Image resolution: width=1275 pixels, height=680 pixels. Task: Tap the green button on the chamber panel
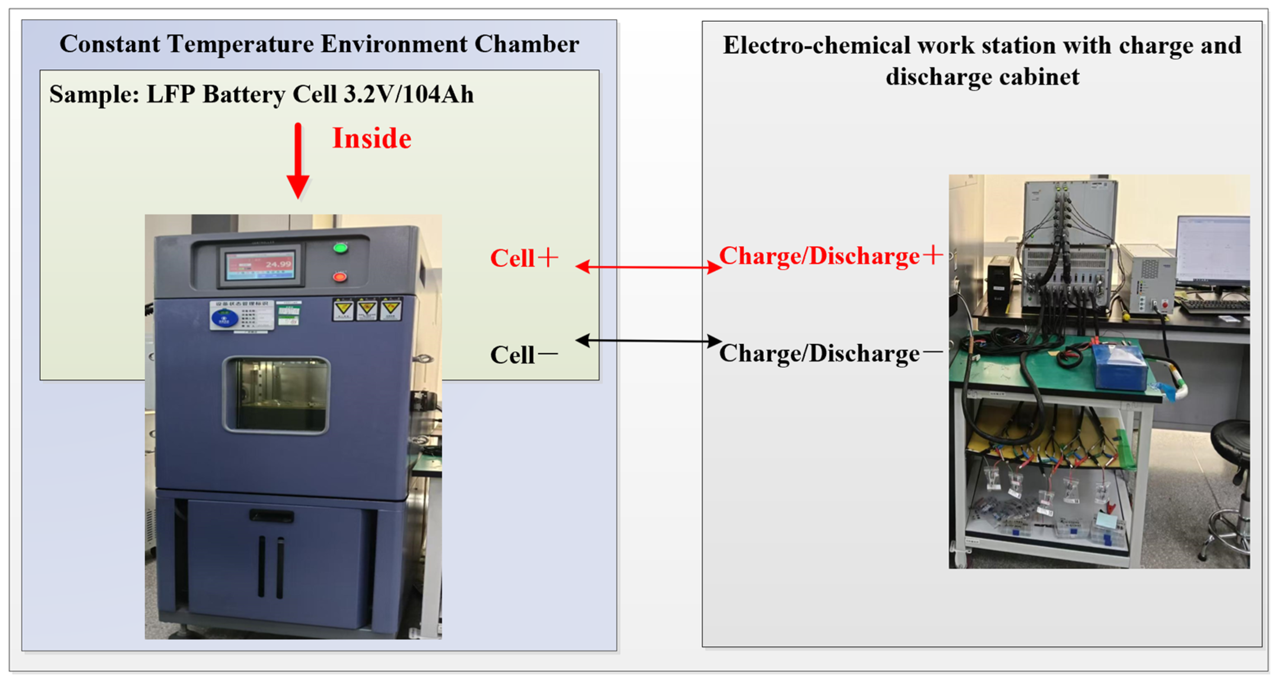(x=340, y=247)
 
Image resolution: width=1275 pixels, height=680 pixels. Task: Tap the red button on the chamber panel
(x=339, y=277)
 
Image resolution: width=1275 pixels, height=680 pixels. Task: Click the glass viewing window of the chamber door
(x=276, y=394)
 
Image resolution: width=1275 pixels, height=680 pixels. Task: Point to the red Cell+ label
(x=524, y=258)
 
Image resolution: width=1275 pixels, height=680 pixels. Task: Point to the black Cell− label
(x=523, y=354)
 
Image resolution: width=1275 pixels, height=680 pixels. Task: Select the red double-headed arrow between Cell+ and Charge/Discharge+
(x=648, y=267)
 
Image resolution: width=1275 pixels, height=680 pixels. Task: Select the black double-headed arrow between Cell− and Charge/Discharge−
(x=648, y=341)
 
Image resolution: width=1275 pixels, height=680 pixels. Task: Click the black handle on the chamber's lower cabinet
(x=271, y=516)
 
